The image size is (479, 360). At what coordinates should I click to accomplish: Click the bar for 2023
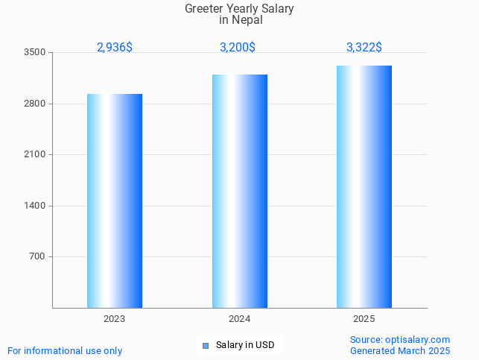click(x=115, y=200)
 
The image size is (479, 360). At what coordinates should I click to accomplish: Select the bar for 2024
click(x=239, y=191)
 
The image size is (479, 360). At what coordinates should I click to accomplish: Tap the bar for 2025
click(x=364, y=186)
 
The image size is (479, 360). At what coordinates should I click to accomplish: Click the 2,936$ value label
click(x=115, y=47)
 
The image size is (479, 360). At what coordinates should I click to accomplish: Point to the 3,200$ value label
click(x=238, y=47)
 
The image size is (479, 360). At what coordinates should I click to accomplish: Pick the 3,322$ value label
click(x=364, y=47)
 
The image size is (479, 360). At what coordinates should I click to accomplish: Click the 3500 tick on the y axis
click(x=35, y=52)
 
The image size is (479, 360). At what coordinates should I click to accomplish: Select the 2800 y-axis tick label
click(x=35, y=104)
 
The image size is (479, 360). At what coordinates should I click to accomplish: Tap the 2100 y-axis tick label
click(x=35, y=154)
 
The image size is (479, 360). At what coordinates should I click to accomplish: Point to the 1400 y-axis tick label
click(x=35, y=206)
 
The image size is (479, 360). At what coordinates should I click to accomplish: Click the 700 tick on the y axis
click(x=38, y=256)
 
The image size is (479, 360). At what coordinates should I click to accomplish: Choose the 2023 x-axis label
click(x=115, y=318)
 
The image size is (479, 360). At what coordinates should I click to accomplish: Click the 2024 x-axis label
click(x=239, y=318)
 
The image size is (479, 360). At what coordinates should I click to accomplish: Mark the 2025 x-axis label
click(x=364, y=318)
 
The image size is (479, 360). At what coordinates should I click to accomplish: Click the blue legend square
click(x=206, y=345)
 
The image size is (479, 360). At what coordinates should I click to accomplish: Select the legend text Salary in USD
click(x=245, y=345)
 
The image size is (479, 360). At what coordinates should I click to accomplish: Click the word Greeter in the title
click(x=205, y=9)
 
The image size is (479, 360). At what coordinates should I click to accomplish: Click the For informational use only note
click(x=65, y=350)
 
